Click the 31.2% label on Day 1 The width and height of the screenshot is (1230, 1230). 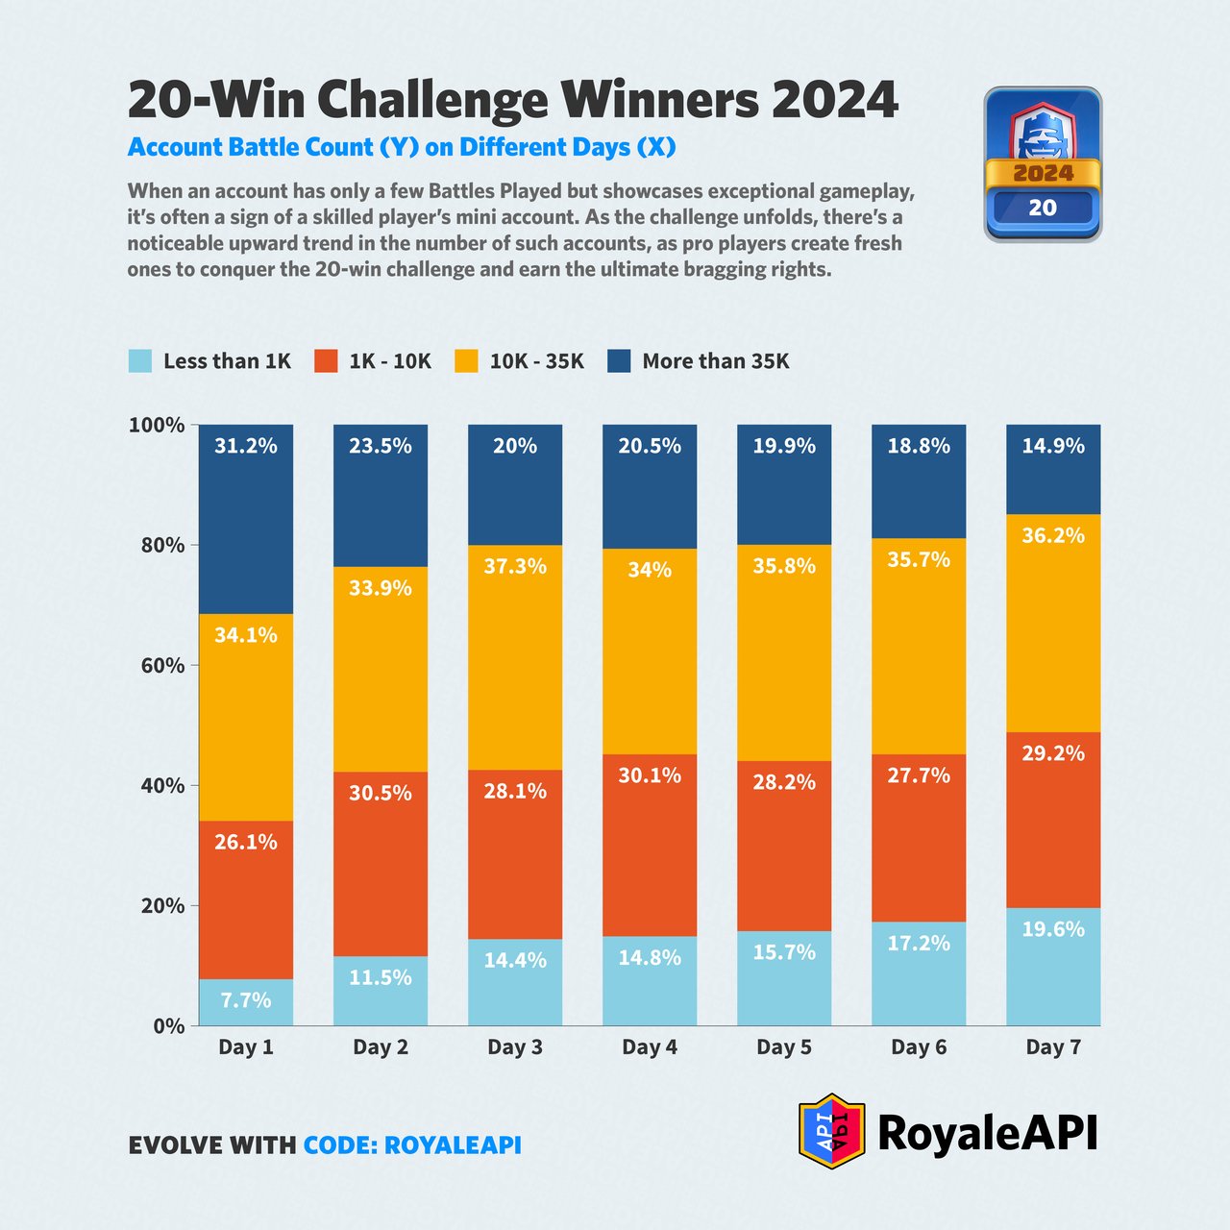tap(246, 446)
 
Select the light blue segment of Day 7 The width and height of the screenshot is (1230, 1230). tap(1053, 971)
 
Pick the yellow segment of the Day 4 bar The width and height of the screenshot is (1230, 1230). tap(650, 653)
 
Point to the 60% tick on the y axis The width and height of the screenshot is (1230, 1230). tap(156, 665)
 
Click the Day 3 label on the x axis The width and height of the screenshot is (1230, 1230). tap(515, 1047)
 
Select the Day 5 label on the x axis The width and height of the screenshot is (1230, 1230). tap(784, 1047)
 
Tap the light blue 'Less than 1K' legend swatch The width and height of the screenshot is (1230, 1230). tap(140, 361)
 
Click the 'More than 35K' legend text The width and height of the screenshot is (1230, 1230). tap(716, 361)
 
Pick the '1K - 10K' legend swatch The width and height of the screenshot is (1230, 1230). tap(327, 361)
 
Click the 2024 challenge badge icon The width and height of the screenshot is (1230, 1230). tap(1043, 164)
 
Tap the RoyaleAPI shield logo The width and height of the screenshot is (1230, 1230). tap(832, 1131)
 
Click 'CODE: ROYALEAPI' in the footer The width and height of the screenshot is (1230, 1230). tap(412, 1145)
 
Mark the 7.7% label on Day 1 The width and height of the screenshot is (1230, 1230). tap(246, 1000)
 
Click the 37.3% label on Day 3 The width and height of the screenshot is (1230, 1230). tap(515, 567)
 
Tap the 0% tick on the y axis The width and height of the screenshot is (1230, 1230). tap(168, 1026)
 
